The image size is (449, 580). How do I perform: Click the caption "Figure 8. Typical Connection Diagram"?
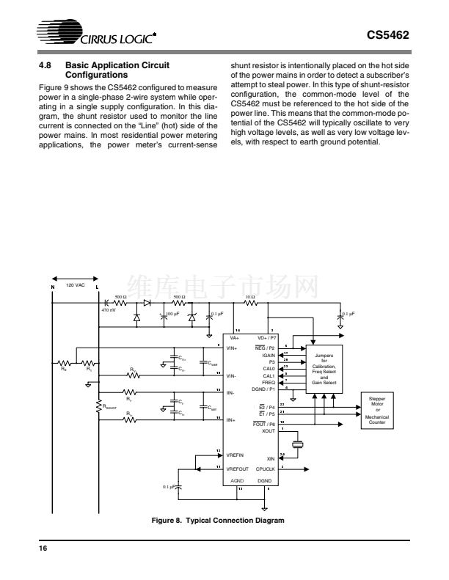[216, 520]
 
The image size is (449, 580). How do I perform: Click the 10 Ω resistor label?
[250, 297]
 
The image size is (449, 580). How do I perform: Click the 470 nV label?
[108, 309]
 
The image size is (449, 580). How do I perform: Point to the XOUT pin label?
[269, 431]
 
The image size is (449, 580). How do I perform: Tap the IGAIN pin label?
[268, 354]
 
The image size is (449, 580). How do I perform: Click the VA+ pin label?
[234, 338]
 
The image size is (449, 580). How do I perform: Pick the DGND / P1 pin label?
[263, 389]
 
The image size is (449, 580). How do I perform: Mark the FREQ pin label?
[269, 382]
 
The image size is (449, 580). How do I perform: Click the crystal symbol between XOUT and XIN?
[296, 445]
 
